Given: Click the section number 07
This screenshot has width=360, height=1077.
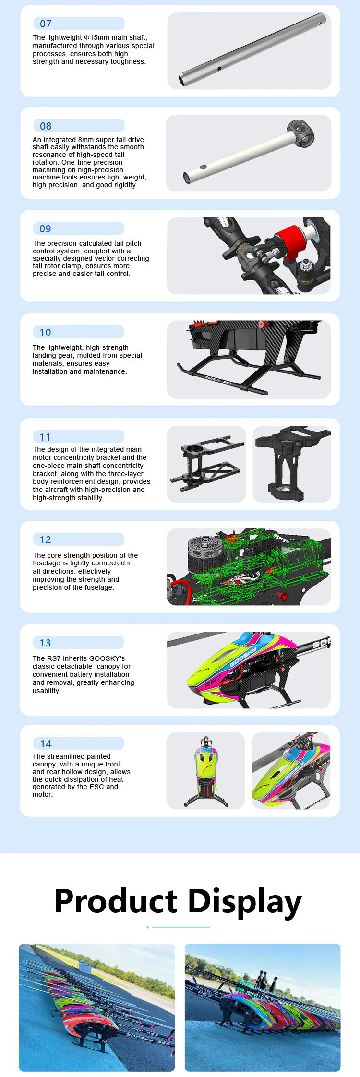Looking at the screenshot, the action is [46, 24].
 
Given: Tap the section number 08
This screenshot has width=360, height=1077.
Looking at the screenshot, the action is [46, 126].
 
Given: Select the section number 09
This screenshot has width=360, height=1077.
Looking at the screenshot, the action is [45, 229].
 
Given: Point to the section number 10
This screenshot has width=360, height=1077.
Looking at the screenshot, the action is [45, 333].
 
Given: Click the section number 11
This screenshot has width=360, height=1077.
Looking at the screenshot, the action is [45, 437].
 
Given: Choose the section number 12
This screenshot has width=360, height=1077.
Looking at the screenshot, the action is [45, 540].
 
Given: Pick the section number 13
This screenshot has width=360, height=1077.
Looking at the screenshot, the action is [45, 643].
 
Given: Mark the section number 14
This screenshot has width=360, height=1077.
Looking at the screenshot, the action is [46, 744].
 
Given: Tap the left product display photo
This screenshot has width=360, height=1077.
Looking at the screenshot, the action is [97, 1007].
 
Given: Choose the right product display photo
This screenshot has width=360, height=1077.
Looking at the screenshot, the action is [263, 1007].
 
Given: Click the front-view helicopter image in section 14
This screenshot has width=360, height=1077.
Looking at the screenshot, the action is [206, 771].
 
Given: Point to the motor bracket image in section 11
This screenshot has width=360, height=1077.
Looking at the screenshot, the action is [206, 464].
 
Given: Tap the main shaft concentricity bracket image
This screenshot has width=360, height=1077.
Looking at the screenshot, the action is [292, 464].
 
